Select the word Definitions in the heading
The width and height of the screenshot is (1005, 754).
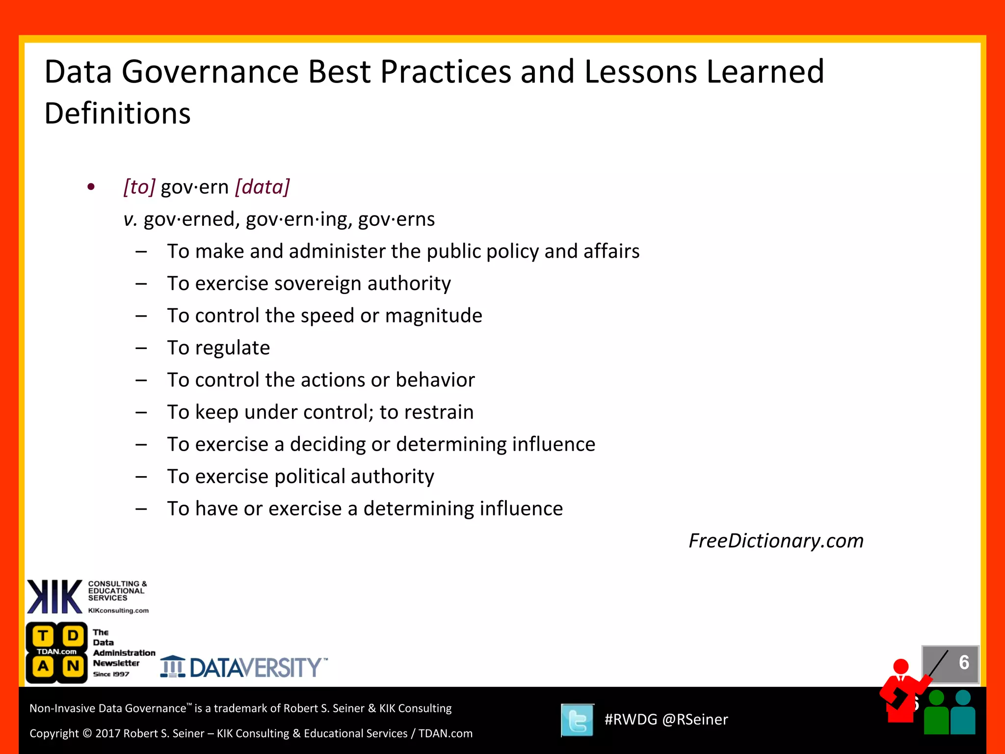pos(117,114)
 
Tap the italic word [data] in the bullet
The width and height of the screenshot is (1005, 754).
pos(263,187)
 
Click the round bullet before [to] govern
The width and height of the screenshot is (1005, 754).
pos(91,187)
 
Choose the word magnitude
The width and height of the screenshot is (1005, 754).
pos(433,316)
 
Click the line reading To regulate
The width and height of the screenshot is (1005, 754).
pos(218,348)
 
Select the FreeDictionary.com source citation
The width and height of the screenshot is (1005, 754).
pos(776,541)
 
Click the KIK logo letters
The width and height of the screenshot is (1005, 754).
pos(54,597)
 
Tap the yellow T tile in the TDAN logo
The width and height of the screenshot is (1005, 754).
pos(43,636)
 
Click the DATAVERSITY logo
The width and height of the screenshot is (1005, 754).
pos(244,668)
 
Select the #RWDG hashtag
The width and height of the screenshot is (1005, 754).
pos(631,720)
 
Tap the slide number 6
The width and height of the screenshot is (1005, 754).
pos(964,663)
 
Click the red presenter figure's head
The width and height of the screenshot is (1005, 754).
pos(901,667)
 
